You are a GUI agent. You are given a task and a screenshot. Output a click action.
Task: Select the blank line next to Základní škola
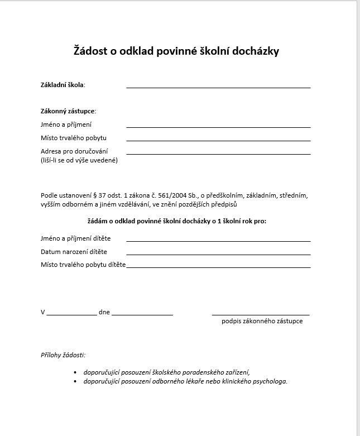click(x=218, y=87)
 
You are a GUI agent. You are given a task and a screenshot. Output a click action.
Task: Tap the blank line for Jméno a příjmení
click(x=218, y=127)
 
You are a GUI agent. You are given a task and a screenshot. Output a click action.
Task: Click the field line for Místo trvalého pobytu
click(x=218, y=140)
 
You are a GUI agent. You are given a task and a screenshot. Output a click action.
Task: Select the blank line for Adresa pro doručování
click(x=218, y=154)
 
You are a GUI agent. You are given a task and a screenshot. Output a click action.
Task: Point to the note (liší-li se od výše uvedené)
click(x=79, y=161)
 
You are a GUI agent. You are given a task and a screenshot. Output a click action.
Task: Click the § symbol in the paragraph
click(x=94, y=195)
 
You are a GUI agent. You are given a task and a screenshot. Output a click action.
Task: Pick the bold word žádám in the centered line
click(x=98, y=221)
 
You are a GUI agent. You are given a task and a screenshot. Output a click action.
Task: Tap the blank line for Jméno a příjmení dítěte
click(x=218, y=241)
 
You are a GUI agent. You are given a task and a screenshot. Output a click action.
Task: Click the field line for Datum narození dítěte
click(x=218, y=254)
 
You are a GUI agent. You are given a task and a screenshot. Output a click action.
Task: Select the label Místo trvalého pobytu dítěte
click(x=83, y=265)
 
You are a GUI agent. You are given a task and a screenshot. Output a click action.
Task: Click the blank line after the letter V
click(x=71, y=315)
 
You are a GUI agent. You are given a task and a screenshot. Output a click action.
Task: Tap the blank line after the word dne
click(x=142, y=315)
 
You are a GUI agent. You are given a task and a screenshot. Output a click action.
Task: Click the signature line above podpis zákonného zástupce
click(x=261, y=315)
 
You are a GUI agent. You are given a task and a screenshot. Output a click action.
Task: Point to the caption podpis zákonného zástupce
click(x=262, y=322)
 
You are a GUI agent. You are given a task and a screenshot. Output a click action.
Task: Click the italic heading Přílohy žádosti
click(x=63, y=355)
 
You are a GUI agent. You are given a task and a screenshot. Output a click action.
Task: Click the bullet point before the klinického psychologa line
click(x=75, y=382)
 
